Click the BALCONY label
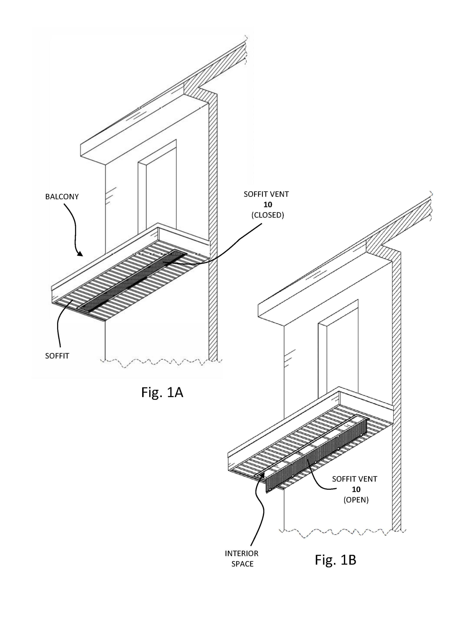[x=62, y=197]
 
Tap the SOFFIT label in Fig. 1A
[x=57, y=356]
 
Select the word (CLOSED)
[x=267, y=215]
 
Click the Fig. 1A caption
[x=162, y=392]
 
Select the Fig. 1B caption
[x=335, y=560]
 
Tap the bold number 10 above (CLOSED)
[x=267, y=205]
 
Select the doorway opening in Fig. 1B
[x=342, y=354]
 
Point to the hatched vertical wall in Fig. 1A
[x=213, y=226]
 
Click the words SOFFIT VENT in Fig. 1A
[x=266, y=194]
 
